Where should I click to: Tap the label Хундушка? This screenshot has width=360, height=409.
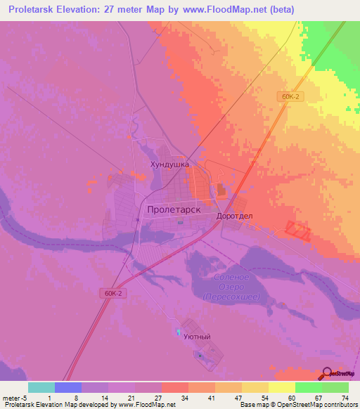coord(169,164)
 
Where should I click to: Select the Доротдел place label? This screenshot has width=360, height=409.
coord(234,216)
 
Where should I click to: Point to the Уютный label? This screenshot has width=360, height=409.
coord(197,337)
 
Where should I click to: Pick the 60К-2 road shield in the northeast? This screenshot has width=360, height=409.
coord(292,96)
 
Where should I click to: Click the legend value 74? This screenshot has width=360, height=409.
coord(344,398)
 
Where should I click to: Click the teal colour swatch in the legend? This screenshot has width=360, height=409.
coord(41,387)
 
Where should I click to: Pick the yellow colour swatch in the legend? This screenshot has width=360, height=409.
coord(281,387)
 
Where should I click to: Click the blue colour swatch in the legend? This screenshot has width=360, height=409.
coord(68,387)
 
